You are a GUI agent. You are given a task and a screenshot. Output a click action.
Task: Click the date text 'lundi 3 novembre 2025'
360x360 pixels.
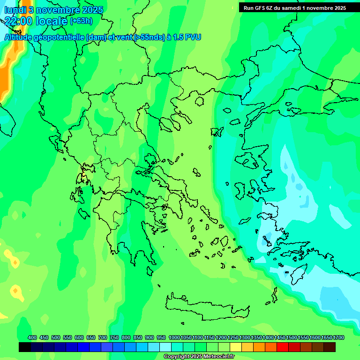[53, 10]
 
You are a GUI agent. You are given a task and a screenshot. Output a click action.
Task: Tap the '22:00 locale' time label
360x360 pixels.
[37, 21]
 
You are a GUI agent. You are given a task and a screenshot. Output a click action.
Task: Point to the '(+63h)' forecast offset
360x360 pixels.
[81, 21]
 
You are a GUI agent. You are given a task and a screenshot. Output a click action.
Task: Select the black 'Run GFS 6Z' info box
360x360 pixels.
[294, 7]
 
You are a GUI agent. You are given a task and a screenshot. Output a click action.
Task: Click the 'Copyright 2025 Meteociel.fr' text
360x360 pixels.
[199, 356]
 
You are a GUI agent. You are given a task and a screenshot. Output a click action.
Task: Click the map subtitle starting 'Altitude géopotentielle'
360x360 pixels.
[103, 37]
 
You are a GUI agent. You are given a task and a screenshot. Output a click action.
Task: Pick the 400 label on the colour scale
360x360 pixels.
[32, 337]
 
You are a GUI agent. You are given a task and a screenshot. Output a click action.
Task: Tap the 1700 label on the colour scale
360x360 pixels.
[327, 337]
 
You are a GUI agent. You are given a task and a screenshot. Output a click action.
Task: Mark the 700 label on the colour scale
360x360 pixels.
[103, 337]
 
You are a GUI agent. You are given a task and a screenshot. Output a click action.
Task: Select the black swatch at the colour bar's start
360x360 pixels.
[25, 347]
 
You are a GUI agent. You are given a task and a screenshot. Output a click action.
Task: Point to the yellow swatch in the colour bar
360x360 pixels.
[236, 347]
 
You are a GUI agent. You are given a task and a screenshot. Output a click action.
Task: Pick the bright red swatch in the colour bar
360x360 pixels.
[283, 347]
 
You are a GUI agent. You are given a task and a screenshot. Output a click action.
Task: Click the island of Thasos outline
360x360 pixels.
[200, 101]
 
